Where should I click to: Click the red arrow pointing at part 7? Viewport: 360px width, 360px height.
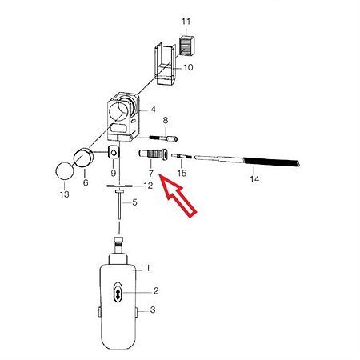177,195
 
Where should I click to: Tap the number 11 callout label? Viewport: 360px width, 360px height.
186,22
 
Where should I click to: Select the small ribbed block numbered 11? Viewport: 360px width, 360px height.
187,46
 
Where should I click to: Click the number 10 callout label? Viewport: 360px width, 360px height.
188,67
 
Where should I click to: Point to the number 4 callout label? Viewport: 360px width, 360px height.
153,110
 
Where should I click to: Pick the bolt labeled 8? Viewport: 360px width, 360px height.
163,138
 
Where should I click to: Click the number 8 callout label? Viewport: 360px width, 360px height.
166,121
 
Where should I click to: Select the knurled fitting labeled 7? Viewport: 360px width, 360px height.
154,154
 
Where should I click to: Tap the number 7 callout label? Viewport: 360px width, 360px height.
151,174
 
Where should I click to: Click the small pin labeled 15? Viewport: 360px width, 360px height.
182,156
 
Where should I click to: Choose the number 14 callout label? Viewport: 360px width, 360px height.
254,179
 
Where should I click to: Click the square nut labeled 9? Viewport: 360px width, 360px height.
114,152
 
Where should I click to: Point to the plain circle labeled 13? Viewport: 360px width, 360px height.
65,171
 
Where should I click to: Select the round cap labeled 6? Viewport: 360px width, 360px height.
84,158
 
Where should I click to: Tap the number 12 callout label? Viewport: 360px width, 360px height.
148,186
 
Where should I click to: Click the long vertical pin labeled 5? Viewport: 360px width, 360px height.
119,205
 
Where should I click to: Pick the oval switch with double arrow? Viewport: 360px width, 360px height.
118,293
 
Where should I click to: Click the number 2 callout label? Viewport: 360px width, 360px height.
156,291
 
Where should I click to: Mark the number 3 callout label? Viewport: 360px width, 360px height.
153,310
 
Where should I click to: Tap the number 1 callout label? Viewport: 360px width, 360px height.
148,268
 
